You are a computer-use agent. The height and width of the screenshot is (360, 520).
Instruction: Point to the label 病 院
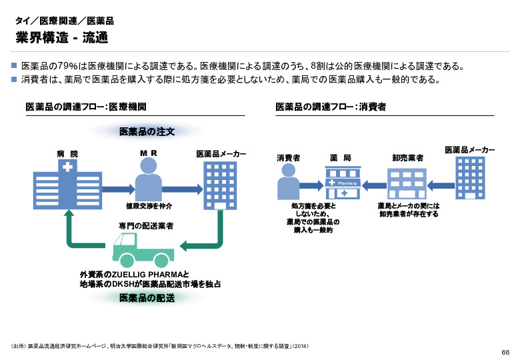click(x=67, y=154)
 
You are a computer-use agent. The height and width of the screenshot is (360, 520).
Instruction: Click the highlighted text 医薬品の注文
click(x=147, y=132)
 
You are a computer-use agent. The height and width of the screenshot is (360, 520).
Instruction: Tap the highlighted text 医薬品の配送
click(x=147, y=298)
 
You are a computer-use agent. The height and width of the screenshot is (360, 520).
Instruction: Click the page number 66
click(x=505, y=351)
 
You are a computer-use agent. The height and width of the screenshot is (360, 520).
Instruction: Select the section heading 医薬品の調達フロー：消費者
click(x=331, y=107)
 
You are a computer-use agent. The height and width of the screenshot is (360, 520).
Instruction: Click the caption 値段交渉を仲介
click(x=148, y=207)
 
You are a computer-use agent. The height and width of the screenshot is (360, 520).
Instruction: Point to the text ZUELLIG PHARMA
click(x=145, y=274)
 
